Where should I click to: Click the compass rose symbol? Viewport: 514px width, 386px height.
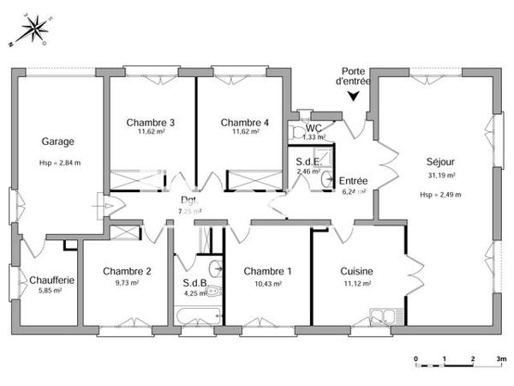(x=35, y=30)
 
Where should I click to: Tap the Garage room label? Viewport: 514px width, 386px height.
(x=57, y=142)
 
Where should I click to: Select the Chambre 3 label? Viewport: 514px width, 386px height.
(x=151, y=123)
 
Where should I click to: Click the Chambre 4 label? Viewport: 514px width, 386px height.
(x=245, y=123)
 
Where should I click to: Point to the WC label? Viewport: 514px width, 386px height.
(x=314, y=128)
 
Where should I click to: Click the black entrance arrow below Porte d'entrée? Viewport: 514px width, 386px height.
(x=353, y=96)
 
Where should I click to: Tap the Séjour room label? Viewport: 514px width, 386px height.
(x=440, y=161)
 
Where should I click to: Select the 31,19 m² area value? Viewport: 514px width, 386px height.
(x=440, y=175)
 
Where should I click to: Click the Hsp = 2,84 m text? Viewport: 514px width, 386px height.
(x=58, y=162)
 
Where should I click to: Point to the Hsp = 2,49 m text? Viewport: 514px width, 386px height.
(x=440, y=194)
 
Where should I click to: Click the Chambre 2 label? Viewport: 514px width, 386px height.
(x=127, y=271)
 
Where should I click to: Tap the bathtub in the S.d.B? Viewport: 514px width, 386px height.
(x=196, y=315)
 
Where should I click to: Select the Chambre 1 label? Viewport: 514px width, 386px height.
(x=267, y=271)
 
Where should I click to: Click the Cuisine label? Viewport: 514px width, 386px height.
(x=356, y=271)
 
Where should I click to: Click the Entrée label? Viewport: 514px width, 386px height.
(x=353, y=181)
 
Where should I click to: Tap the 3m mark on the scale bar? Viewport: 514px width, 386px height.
(x=500, y=358)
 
